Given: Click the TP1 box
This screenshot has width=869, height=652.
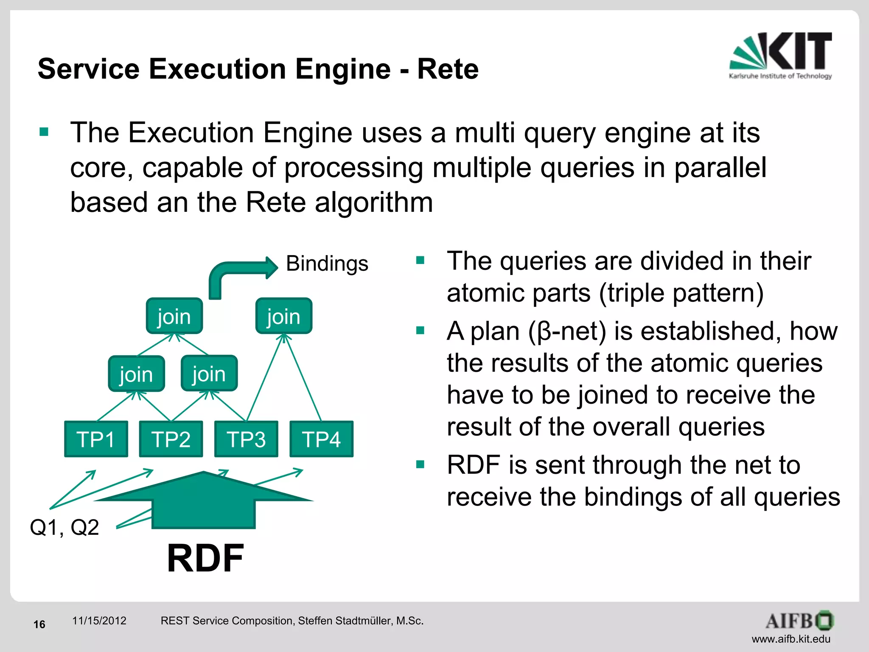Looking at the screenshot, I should (96, 439).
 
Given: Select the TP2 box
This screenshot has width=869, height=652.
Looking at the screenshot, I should (171, 439).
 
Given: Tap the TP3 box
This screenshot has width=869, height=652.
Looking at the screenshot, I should (246, 439).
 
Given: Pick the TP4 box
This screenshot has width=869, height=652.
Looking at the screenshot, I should (321, 439).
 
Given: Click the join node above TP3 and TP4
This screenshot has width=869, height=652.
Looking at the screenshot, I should (283, 316).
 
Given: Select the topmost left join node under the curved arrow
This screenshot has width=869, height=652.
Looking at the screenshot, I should (174, 316).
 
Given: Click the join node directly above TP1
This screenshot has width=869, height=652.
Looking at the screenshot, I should (136, 374).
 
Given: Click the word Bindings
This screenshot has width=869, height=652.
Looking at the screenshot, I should (327, 264).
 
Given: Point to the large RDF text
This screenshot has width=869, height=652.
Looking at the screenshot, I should (205, 558).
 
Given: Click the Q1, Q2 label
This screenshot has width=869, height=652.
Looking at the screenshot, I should (64, 528).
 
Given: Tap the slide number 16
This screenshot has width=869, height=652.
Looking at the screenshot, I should (39, 624).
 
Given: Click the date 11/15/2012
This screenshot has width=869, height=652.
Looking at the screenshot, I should (99, 621).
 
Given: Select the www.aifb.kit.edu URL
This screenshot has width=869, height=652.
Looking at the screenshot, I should (791, 639).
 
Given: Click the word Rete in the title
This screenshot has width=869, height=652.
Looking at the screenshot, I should (448, 69).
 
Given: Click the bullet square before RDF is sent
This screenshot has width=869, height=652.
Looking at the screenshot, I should (420, 464).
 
